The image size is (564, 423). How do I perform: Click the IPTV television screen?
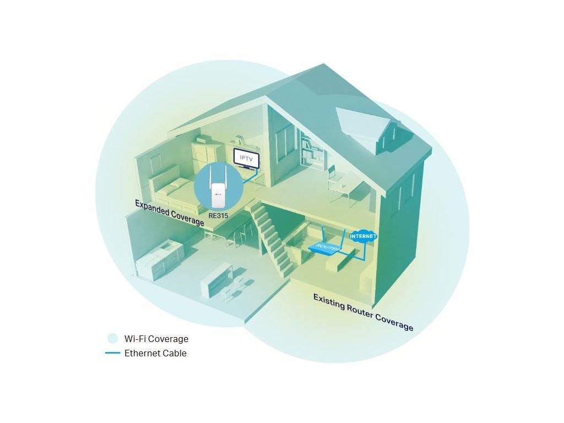point(245,158)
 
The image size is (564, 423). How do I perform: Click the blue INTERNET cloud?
point(364,237)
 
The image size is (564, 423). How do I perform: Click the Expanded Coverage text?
point(169,213)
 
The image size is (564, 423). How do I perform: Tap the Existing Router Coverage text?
point(363,312)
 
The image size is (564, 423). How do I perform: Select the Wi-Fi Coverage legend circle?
point(112,339)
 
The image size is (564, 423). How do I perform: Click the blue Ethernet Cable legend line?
point(112,353)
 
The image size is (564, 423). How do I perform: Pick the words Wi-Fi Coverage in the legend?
point(156,339)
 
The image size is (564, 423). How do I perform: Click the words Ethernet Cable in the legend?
point(155,353)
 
